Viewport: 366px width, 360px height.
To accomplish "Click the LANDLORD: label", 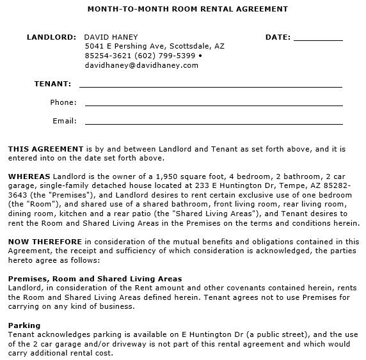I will pos(51,37).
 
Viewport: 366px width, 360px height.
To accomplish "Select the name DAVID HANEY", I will pos(111,37).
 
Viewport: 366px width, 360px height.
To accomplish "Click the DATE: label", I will pos(278,37).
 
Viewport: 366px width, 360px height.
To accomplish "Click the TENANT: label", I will pos(52,84).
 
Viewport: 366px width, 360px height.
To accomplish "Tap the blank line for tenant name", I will pos(211,85).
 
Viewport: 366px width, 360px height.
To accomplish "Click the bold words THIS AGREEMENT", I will pos(45,148).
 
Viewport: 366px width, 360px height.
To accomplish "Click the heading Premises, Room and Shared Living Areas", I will pos(95,279).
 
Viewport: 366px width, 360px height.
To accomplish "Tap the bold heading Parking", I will pos(24,325).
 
